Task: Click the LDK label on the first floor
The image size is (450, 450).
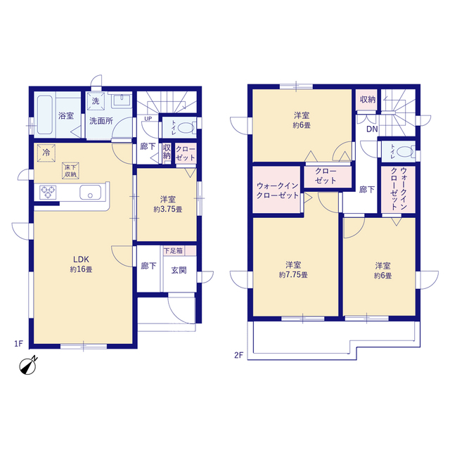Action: pos(82,259)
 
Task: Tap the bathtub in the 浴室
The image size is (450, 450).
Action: pos(45,115)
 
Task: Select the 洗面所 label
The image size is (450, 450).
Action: pos(101,121)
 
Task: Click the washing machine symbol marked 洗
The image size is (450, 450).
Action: pos(96,101)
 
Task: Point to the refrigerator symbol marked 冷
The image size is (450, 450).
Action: pos(46,153)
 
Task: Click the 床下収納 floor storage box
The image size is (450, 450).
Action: pos(70,171)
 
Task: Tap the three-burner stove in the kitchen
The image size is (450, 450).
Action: pos(48,192)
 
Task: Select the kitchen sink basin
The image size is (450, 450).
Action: pos(91,192)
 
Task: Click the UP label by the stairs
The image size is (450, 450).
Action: pos(148,119)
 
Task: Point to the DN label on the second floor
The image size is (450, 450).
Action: pos(372,129)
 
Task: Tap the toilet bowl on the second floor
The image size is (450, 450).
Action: pos(406,152)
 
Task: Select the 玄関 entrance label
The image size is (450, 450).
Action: pos(179,270)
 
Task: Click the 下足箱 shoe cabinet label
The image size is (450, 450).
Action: pos(173,251)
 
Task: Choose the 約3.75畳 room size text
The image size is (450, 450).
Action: pos(168,210)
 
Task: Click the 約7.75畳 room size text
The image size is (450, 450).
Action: pos(293,275)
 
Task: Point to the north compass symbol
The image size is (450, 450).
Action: pos(28,366)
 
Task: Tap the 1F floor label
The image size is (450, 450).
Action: pos(19,344)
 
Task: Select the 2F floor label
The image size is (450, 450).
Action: pos(239,355)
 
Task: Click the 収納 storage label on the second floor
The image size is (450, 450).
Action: pos(368,100)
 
